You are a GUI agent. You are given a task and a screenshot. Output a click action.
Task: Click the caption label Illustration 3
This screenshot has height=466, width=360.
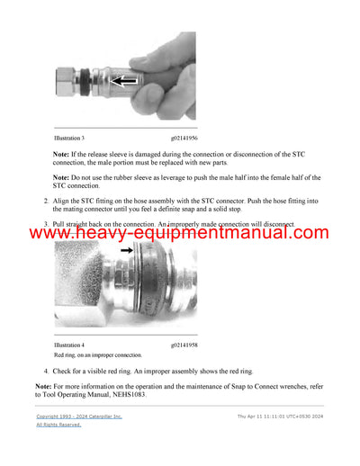tap(69, 138)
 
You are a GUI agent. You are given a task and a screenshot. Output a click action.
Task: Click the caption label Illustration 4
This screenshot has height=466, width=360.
tap(69, 345)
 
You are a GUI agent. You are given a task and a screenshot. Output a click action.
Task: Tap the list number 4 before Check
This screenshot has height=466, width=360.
tap(47, 371)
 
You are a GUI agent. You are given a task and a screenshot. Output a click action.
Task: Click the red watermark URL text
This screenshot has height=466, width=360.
tap(180, 234)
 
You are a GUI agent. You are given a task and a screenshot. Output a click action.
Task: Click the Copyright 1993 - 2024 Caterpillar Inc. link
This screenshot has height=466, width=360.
tap(78, 417)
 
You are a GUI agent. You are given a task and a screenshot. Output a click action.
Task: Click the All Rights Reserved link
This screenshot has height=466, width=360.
tap(58, 425)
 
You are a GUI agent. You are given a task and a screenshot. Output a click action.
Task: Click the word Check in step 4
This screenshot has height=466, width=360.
tap(67, 371)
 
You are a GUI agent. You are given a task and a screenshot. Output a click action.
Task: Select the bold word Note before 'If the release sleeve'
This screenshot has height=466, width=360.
tap(64, 155)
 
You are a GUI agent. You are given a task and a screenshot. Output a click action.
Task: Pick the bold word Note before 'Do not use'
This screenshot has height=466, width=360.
tap(64, 178)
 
